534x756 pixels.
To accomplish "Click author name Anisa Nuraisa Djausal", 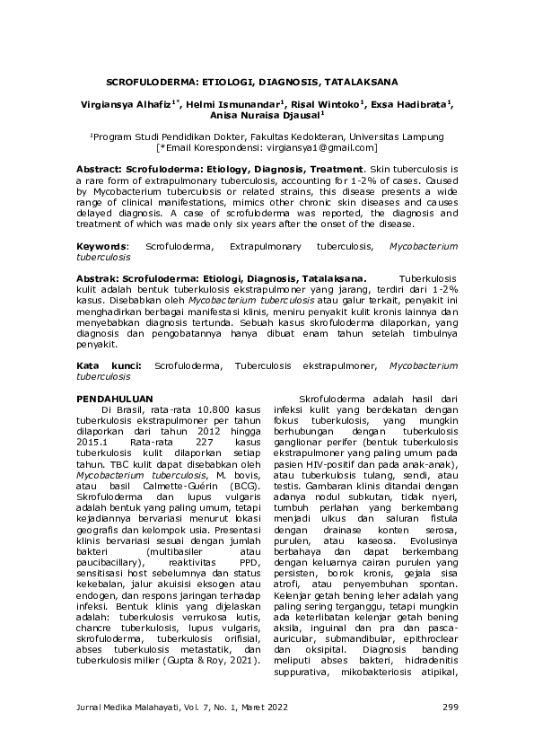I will (x=265, y=115).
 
